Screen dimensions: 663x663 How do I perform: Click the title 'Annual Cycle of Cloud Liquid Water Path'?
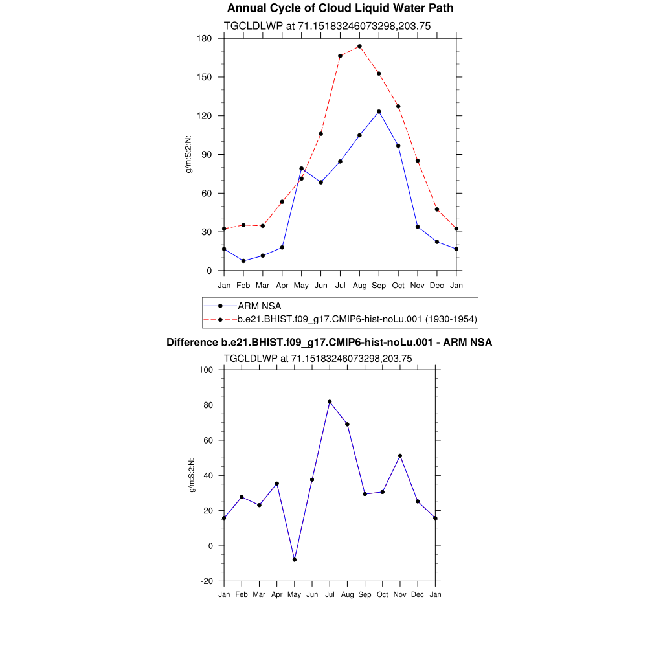click(340, 8)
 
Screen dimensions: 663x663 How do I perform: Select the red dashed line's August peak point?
click(359, 47)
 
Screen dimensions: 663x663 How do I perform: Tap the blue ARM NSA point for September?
click(379, 112)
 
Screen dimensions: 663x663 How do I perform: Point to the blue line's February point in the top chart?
click(243, 261)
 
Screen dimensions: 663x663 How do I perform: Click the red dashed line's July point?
click(340, 56)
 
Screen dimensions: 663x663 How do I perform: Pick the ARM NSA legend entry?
click(259, 306)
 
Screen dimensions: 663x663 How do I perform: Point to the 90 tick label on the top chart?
click(207, 155)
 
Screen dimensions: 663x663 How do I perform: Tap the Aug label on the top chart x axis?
click(359, 286)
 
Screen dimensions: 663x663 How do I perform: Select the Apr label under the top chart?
click(282, 286)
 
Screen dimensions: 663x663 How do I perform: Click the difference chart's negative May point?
click(295, 559)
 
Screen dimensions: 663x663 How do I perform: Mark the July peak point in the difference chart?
click(330, 402)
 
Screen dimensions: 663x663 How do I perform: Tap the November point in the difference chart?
click(400, 456)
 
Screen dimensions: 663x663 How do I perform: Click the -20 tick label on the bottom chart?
click(207, 581)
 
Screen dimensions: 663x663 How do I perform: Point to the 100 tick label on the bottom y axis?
click(207, 370)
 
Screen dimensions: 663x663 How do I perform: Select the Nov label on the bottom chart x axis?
click(400, 595)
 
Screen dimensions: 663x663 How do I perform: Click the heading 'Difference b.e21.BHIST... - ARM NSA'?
click(329, 343)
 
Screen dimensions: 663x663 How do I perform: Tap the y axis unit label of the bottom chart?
click(192, 476)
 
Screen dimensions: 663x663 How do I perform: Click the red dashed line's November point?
click(418, 161)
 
